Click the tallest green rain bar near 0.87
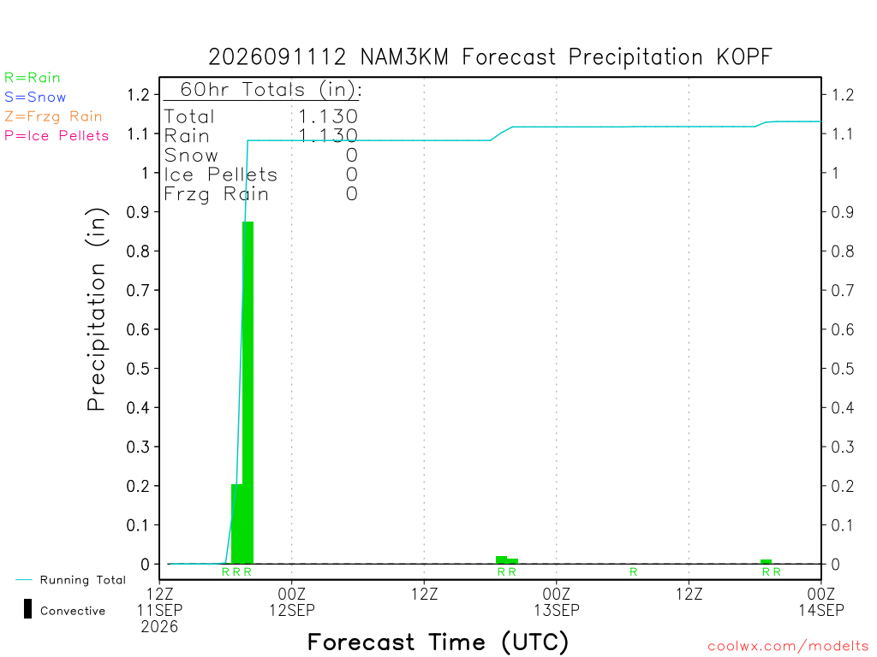[x=248, y=393]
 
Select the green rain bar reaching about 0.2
[x=236, y=524]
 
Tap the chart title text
[x=490, y=57]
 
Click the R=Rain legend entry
[x=33, y=78]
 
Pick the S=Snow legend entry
[x=35, y=98]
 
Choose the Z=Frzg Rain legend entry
[x=53, y=116]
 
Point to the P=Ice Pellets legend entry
[x=57, y=136]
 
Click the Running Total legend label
[x=83, y=580]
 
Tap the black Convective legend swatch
[x=27, y=609]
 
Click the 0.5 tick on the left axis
[x=138, y=369]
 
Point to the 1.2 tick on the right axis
[x=843, y=95]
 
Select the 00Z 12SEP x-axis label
[x=292, y=601]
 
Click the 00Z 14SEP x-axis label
[x=821, y=601]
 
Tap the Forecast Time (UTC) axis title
[x=438, y=642]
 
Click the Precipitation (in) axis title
[x=96, y=310]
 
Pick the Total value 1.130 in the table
[x=328, y=116]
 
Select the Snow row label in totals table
[x=191, y=156]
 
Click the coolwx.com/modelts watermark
[x=788, y=647]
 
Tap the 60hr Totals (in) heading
[x=271, y=89]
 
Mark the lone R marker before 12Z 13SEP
[x=634, y=572]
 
